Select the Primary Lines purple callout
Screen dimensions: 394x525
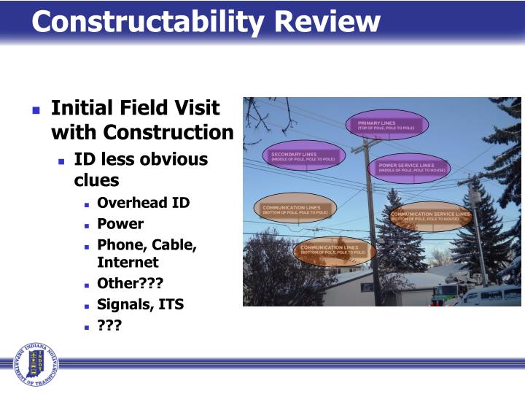coord(386,125)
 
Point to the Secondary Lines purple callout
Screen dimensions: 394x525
coord(303,155)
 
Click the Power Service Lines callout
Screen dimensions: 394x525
coord(410,167)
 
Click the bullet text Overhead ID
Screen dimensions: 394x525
coord(143,203)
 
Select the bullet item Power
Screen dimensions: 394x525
coord(120,223)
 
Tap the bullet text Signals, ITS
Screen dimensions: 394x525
coord(140,304)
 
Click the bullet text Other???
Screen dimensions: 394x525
coord(130,284)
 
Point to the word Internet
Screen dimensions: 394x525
coord(128,262)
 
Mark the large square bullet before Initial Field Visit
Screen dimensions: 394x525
coord(36,110)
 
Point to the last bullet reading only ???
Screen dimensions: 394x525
coord(109,325)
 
